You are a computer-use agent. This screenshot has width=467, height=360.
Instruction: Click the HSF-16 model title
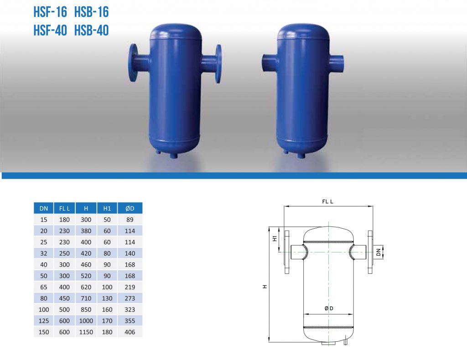[50, 12]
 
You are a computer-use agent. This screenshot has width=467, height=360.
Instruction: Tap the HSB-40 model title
[91, 31]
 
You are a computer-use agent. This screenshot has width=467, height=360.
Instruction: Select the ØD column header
[130, 208]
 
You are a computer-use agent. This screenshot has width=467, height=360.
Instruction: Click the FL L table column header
[64, 208]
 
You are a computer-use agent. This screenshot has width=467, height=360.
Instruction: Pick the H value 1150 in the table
[86, 332]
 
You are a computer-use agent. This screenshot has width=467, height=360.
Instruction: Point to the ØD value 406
[130, 332]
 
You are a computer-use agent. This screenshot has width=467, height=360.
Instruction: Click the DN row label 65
[44, 287]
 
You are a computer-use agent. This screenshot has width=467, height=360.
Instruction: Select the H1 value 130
[107, 298]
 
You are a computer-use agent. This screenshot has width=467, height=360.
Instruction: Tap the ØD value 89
[130, 220]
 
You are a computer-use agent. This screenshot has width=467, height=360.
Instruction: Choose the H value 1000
[86, 321]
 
